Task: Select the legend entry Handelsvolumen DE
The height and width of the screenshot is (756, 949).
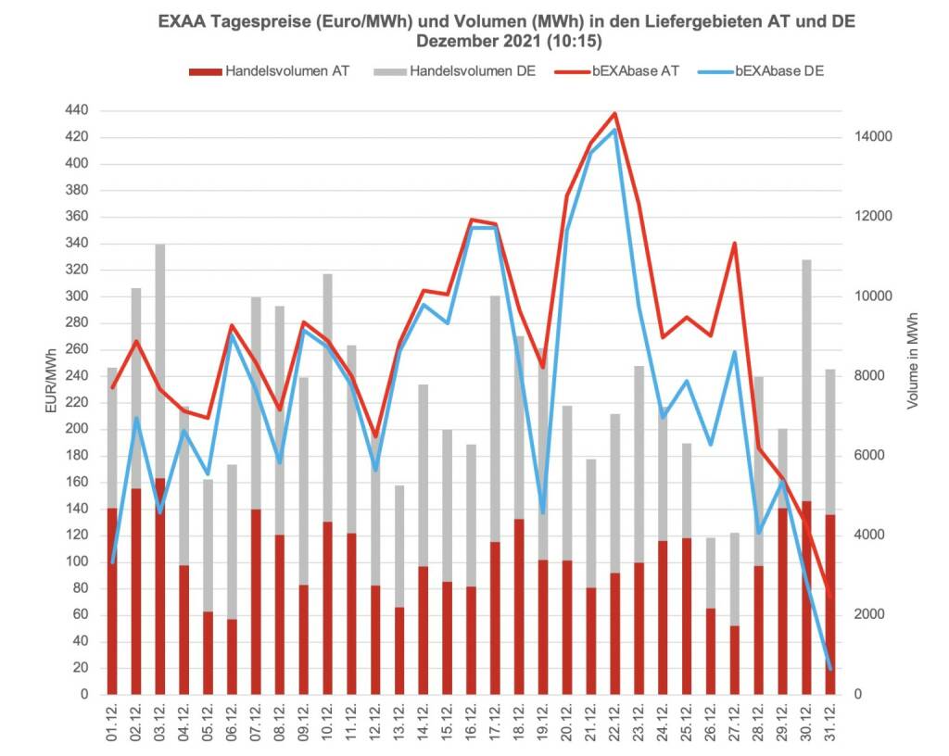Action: [473, 71]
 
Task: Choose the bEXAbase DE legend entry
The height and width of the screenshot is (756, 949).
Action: [779, 71]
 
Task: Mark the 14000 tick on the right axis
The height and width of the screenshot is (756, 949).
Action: [872, 137]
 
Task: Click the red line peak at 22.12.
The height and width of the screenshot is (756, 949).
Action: [614, 114]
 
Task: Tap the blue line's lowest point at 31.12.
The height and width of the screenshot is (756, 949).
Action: [830, 668]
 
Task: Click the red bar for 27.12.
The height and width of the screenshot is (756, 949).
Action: [735, 660]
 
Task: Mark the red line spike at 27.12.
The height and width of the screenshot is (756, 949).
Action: [735, 244]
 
